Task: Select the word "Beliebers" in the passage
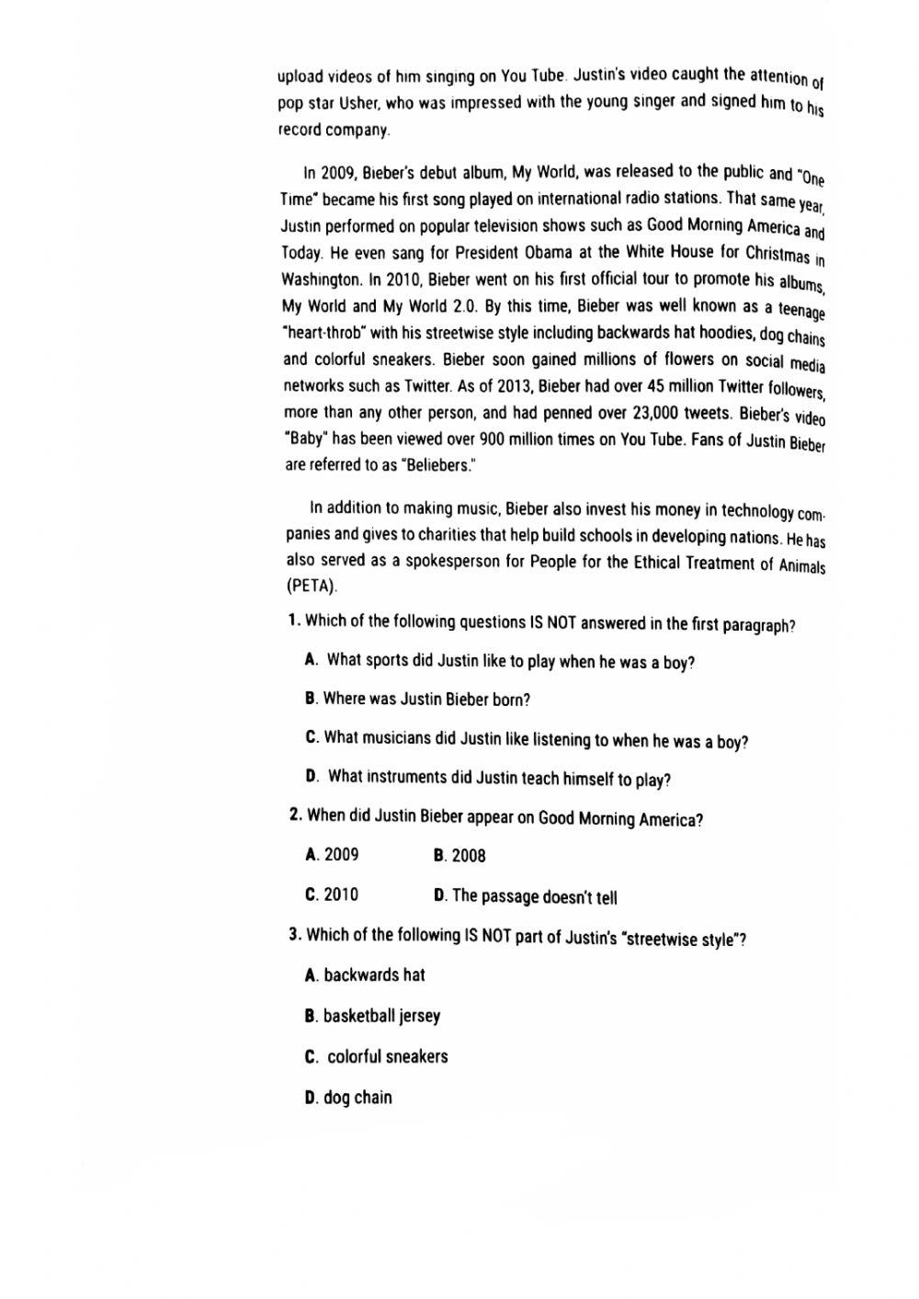pyautogui.click(x=437, y=465)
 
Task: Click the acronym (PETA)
pyautogui.click(x=312, y=586)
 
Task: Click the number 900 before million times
pyautogui.click(x=494, y=439)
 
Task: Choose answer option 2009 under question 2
pyautogui.click(x=341, y=855)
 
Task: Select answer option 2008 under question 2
pyautogui.click(x=468, y=856)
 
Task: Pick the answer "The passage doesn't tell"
pyautogui.click(x=534, y=896)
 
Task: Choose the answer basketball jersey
pyautogui.click(x=381, y=1016)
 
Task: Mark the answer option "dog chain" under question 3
pyautogui.click(x=357, y=1097)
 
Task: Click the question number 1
pyautogui.click(x=293, y=621)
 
